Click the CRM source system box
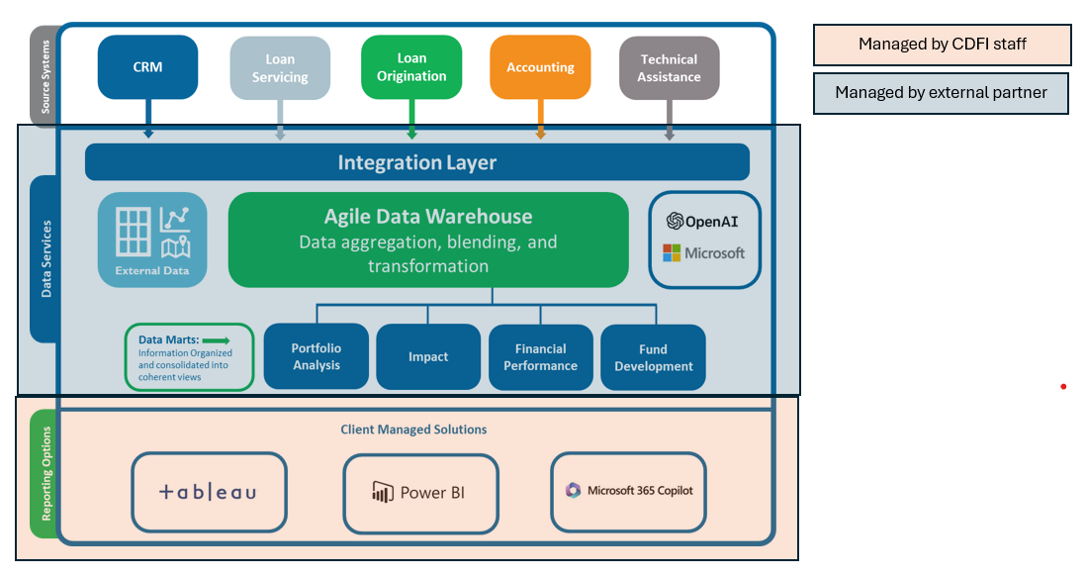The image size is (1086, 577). coord(147,67)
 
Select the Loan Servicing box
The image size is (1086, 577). coord(280,68)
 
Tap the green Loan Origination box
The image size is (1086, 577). coord(411,67)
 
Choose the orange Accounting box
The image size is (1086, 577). coord(540,67)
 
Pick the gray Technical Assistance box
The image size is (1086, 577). coord(669,68)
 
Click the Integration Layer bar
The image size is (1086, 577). coord(416,162)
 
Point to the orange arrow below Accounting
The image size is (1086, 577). coord(540,120)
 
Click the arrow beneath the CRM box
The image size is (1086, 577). coord(148,119)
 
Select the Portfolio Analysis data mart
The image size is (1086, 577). coord(316,356)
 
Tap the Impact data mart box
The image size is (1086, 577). coord(427,356)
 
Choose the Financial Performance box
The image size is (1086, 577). coord(540,356)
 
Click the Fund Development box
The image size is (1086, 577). coord(653,356)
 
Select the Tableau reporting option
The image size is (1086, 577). coord(209,492)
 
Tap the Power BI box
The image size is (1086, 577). coord(420,493)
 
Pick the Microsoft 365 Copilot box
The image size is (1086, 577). coord(628,491)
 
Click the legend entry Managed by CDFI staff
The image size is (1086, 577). coord(942,45)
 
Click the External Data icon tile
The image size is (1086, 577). coord(152,240)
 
